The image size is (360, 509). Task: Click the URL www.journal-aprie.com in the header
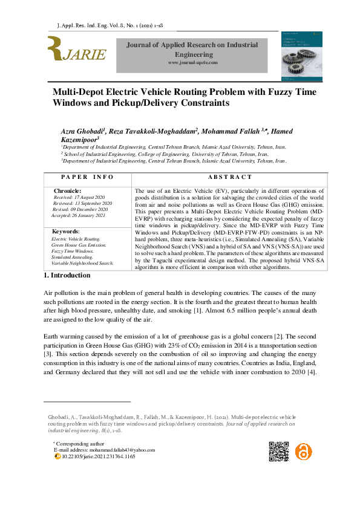(192, 63)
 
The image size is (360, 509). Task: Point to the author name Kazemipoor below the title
(80, 139)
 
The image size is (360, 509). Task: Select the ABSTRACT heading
(229, 177)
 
